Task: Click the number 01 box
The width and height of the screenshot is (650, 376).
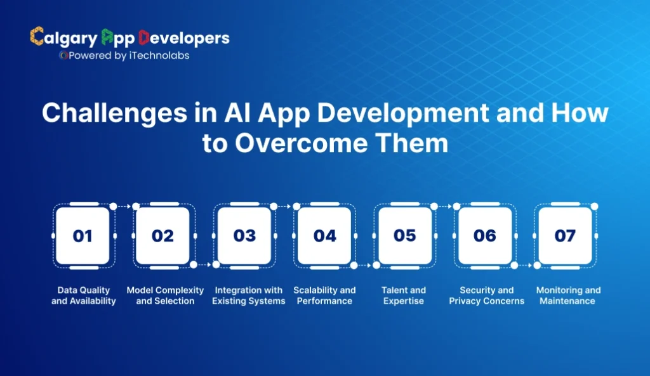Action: (83, 236)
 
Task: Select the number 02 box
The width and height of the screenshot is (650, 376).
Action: (162, 236)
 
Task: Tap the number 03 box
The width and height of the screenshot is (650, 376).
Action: (244, 236)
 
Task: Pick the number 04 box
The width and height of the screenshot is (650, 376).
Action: (324, 236)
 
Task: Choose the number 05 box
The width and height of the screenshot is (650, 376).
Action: (404, 236)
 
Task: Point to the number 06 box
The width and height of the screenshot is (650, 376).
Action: (484, 236)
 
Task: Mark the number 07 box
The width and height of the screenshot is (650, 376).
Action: (565, 236)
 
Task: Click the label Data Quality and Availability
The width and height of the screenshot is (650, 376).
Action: (84, 295)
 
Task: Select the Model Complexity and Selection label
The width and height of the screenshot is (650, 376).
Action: (165, 295)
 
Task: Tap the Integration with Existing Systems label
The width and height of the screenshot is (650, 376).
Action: (248, 295)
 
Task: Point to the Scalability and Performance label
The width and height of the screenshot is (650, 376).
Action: (324, 295)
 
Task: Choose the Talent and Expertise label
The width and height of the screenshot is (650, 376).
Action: (404, 295)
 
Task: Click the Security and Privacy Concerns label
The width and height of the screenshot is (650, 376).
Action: (487, 295)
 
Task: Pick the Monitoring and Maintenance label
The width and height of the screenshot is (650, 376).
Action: (568, 295)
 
